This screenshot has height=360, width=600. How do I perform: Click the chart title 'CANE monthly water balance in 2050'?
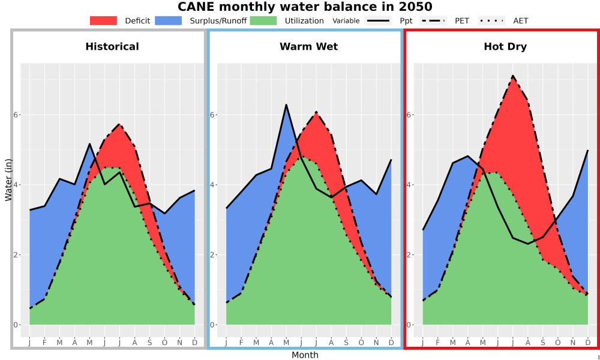point(305,7)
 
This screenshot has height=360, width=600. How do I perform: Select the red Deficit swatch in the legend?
point(103,20)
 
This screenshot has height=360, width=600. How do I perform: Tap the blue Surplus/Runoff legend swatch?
point(169,20)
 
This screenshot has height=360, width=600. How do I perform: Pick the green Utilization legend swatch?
point(263,20)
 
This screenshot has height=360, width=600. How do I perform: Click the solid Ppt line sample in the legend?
point(378,20)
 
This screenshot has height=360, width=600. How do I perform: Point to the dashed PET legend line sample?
point(433,20)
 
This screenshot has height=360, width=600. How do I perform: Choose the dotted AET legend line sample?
point(491,20)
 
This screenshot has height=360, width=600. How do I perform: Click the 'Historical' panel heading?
point(112,47)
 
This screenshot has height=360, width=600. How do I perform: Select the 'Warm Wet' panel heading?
point(309,47)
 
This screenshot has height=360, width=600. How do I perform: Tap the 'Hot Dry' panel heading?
point(505,47)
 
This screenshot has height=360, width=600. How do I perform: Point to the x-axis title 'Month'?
point(305,355)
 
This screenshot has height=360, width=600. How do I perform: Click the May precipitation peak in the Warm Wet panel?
point(286,104)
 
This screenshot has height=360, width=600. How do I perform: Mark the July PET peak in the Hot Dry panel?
point(513,76)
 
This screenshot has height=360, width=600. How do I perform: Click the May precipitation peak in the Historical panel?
point(89,144)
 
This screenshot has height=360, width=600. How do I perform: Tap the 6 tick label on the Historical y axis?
point(16,115)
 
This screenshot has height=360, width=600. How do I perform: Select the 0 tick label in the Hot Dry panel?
point(409,325)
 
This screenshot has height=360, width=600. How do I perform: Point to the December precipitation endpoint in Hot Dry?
point(587,151)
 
